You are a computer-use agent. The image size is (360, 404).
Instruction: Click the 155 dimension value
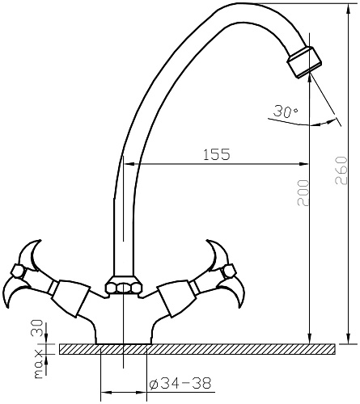tap(217, 154)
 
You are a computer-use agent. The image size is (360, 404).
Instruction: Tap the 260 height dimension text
tap(341, 170)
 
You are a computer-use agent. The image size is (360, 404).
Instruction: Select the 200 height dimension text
tap(303, 193)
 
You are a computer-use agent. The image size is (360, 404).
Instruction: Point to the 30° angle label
tap(286, 112)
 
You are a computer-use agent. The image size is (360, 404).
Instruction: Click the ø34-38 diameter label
tap(180, 383)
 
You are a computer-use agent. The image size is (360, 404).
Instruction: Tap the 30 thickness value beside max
tap(37, 328)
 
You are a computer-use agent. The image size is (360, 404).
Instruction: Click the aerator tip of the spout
tap(304, 62)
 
